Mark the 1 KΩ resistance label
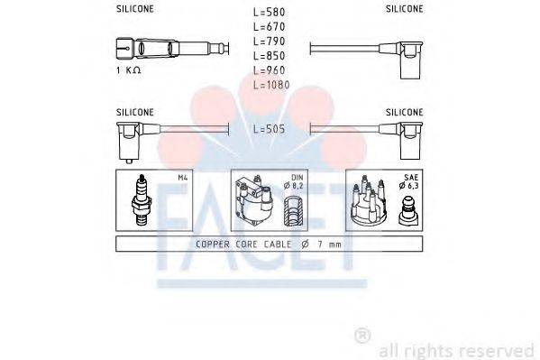(x=128, y=70)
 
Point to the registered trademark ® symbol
(x=362, y=336)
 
